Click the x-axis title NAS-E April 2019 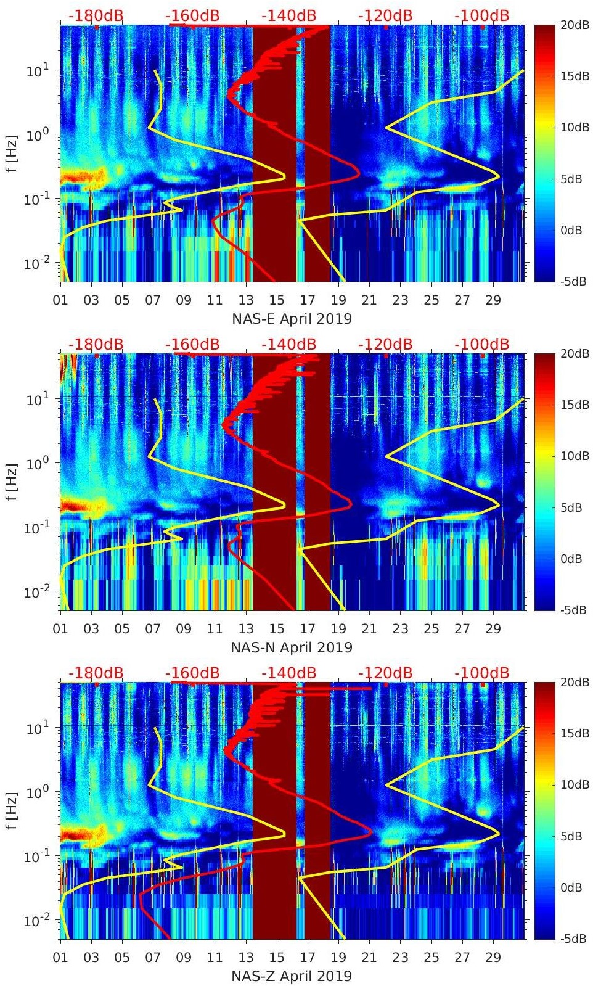tap(292, 319)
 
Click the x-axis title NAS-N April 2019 tap(292, 647)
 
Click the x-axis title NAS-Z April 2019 tap(292, 976)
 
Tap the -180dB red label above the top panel tap(96, 15)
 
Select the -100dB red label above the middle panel tap(482, 344)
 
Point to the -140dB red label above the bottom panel tap(289, 673)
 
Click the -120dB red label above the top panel tap(385, 15)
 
